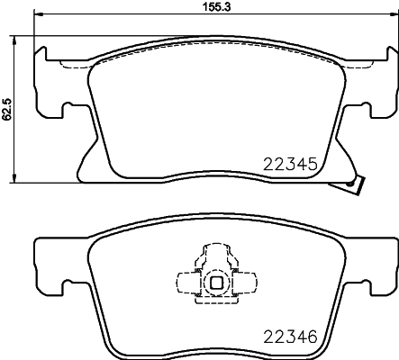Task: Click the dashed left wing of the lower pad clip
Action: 187,283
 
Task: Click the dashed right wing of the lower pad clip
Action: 245,283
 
